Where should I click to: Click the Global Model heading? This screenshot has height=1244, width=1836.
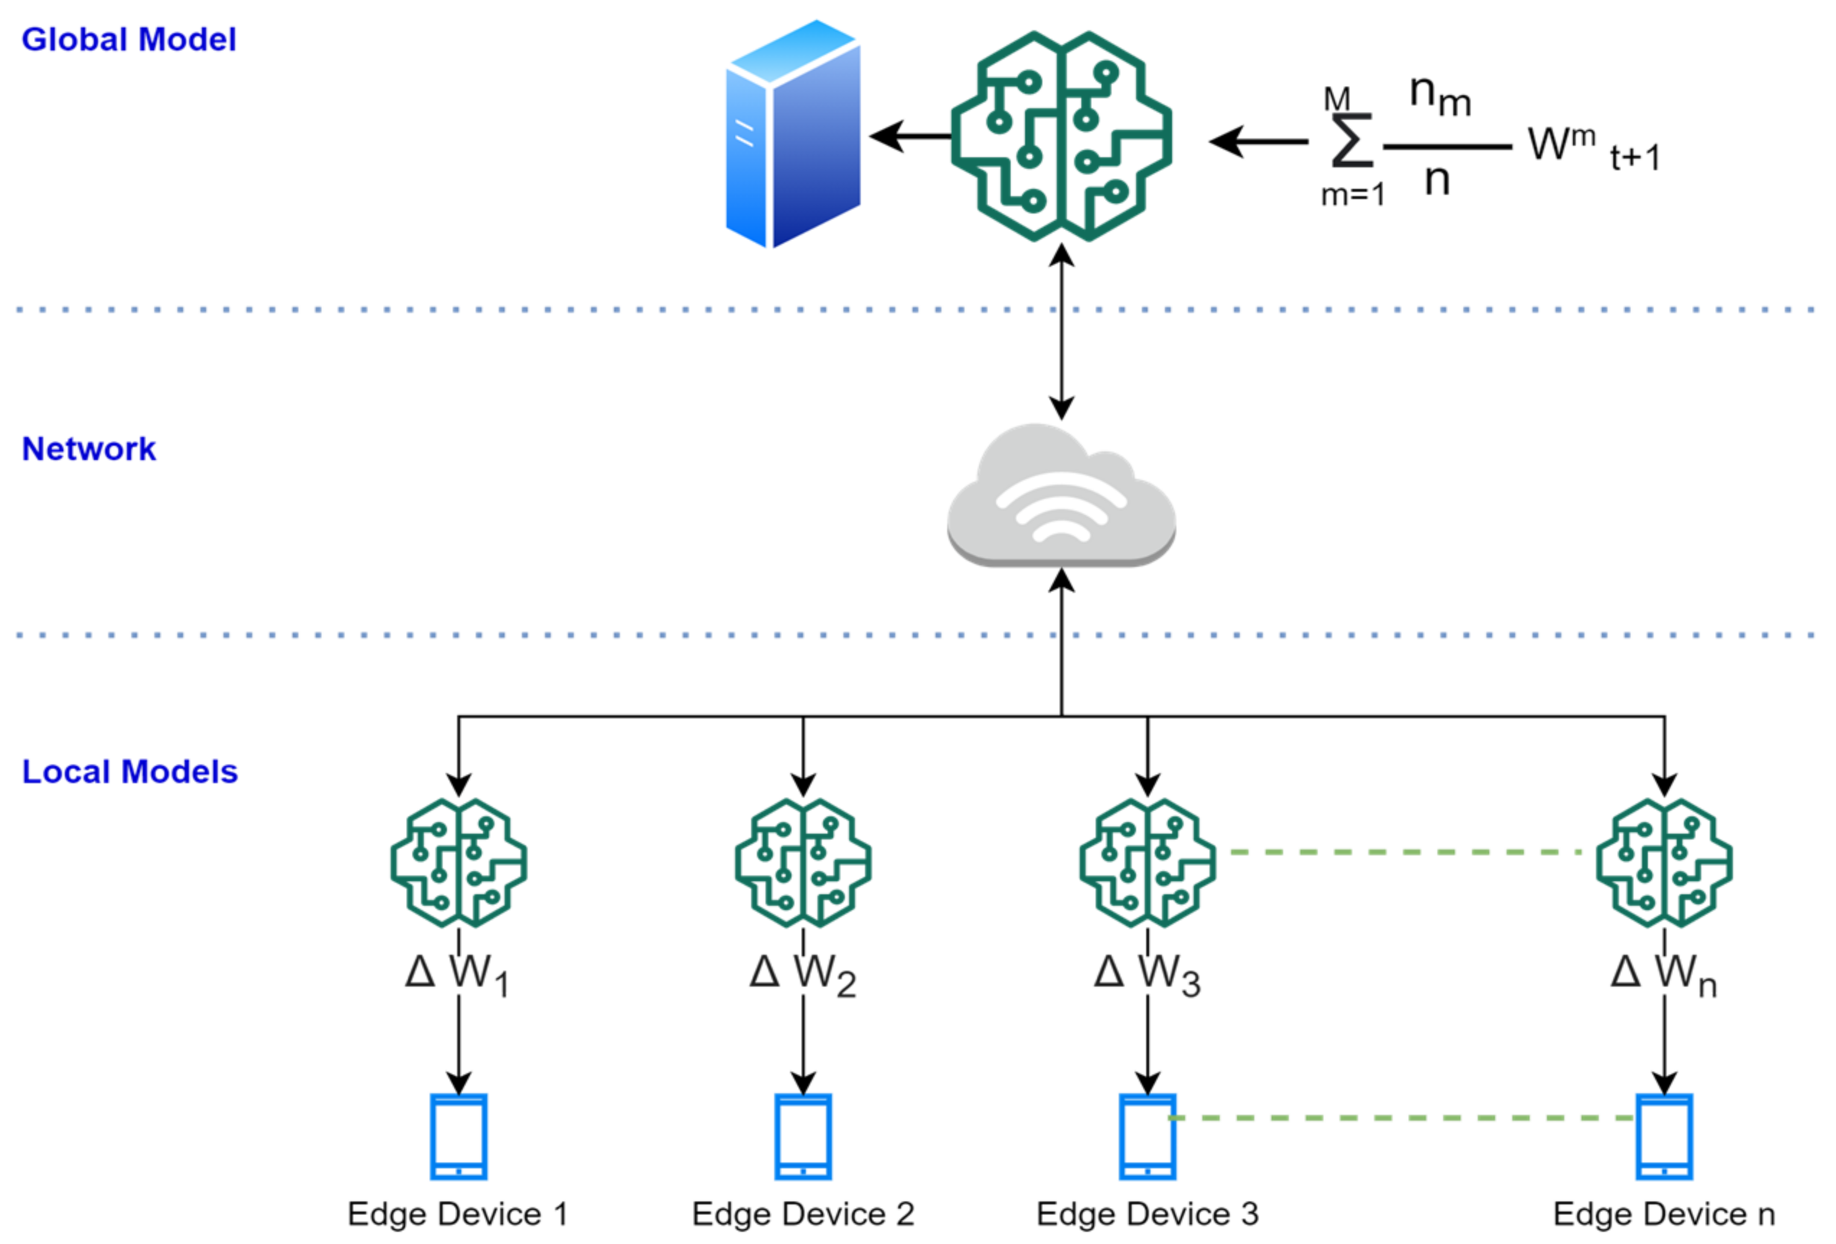tap(128, 40)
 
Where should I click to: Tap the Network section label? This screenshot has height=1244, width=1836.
tap(89, 449)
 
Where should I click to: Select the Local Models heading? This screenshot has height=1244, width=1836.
tap(130, 772)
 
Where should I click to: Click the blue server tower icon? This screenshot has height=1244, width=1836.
tap(792, 134)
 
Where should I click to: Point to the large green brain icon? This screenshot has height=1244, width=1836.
tap(1060, 136)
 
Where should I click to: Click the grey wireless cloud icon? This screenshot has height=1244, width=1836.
tap(1060, 496)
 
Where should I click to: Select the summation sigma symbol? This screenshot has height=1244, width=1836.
tap(1351, 142)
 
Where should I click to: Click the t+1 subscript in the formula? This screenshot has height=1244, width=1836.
tap(1636, 158)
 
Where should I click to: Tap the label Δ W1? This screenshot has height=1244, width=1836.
tap(456, 974)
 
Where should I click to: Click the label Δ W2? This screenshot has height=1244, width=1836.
tap(802, 974)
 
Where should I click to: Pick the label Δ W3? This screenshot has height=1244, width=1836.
tap(1146, 974)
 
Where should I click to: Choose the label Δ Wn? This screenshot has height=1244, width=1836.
tap(1663, 974)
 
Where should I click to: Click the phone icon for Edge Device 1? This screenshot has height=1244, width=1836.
tap(458, 1137)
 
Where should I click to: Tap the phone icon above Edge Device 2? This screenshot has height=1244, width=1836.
tap(802, 1137)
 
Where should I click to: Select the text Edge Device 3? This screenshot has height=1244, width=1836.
tap(1147, 1214)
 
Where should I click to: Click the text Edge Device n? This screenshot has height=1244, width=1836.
tap(1664, 1214)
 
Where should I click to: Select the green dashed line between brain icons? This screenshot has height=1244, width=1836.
tap(1405, 852)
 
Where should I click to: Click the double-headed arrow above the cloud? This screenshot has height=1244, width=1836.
tap(1061, 332)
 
